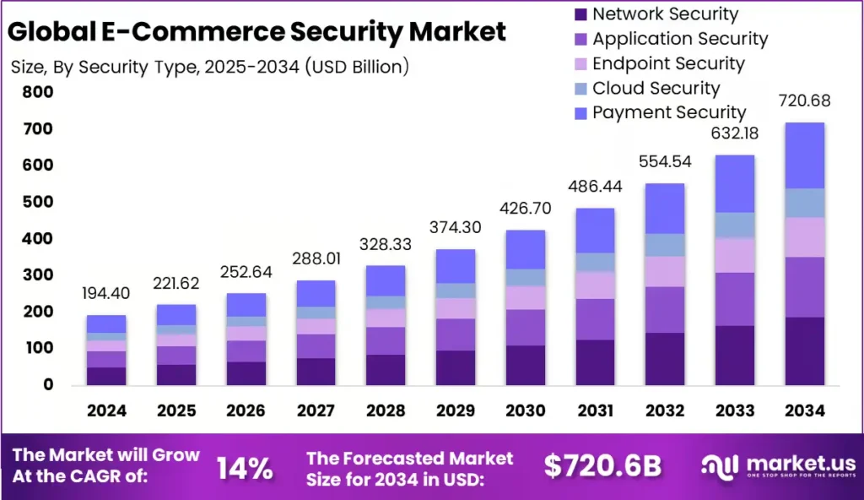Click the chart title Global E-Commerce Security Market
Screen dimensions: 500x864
(258, 32)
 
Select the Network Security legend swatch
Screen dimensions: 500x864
(580, 14)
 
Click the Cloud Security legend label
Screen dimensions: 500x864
(656, 88)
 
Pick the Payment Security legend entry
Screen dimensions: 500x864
(668, 112)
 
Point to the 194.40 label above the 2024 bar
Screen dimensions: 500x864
(105, 293)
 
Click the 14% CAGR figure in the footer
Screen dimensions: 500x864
(245, 467)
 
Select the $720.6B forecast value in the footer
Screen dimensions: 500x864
(602, 467)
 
